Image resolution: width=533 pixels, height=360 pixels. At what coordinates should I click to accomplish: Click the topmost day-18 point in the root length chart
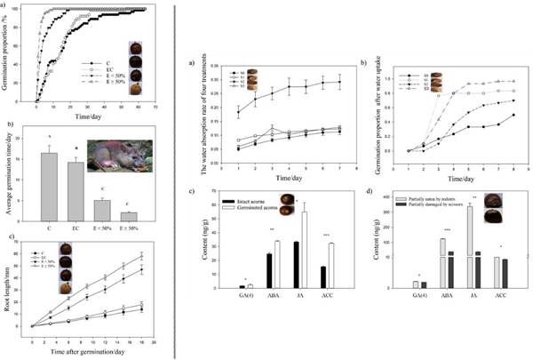click(x=141, y=256)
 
